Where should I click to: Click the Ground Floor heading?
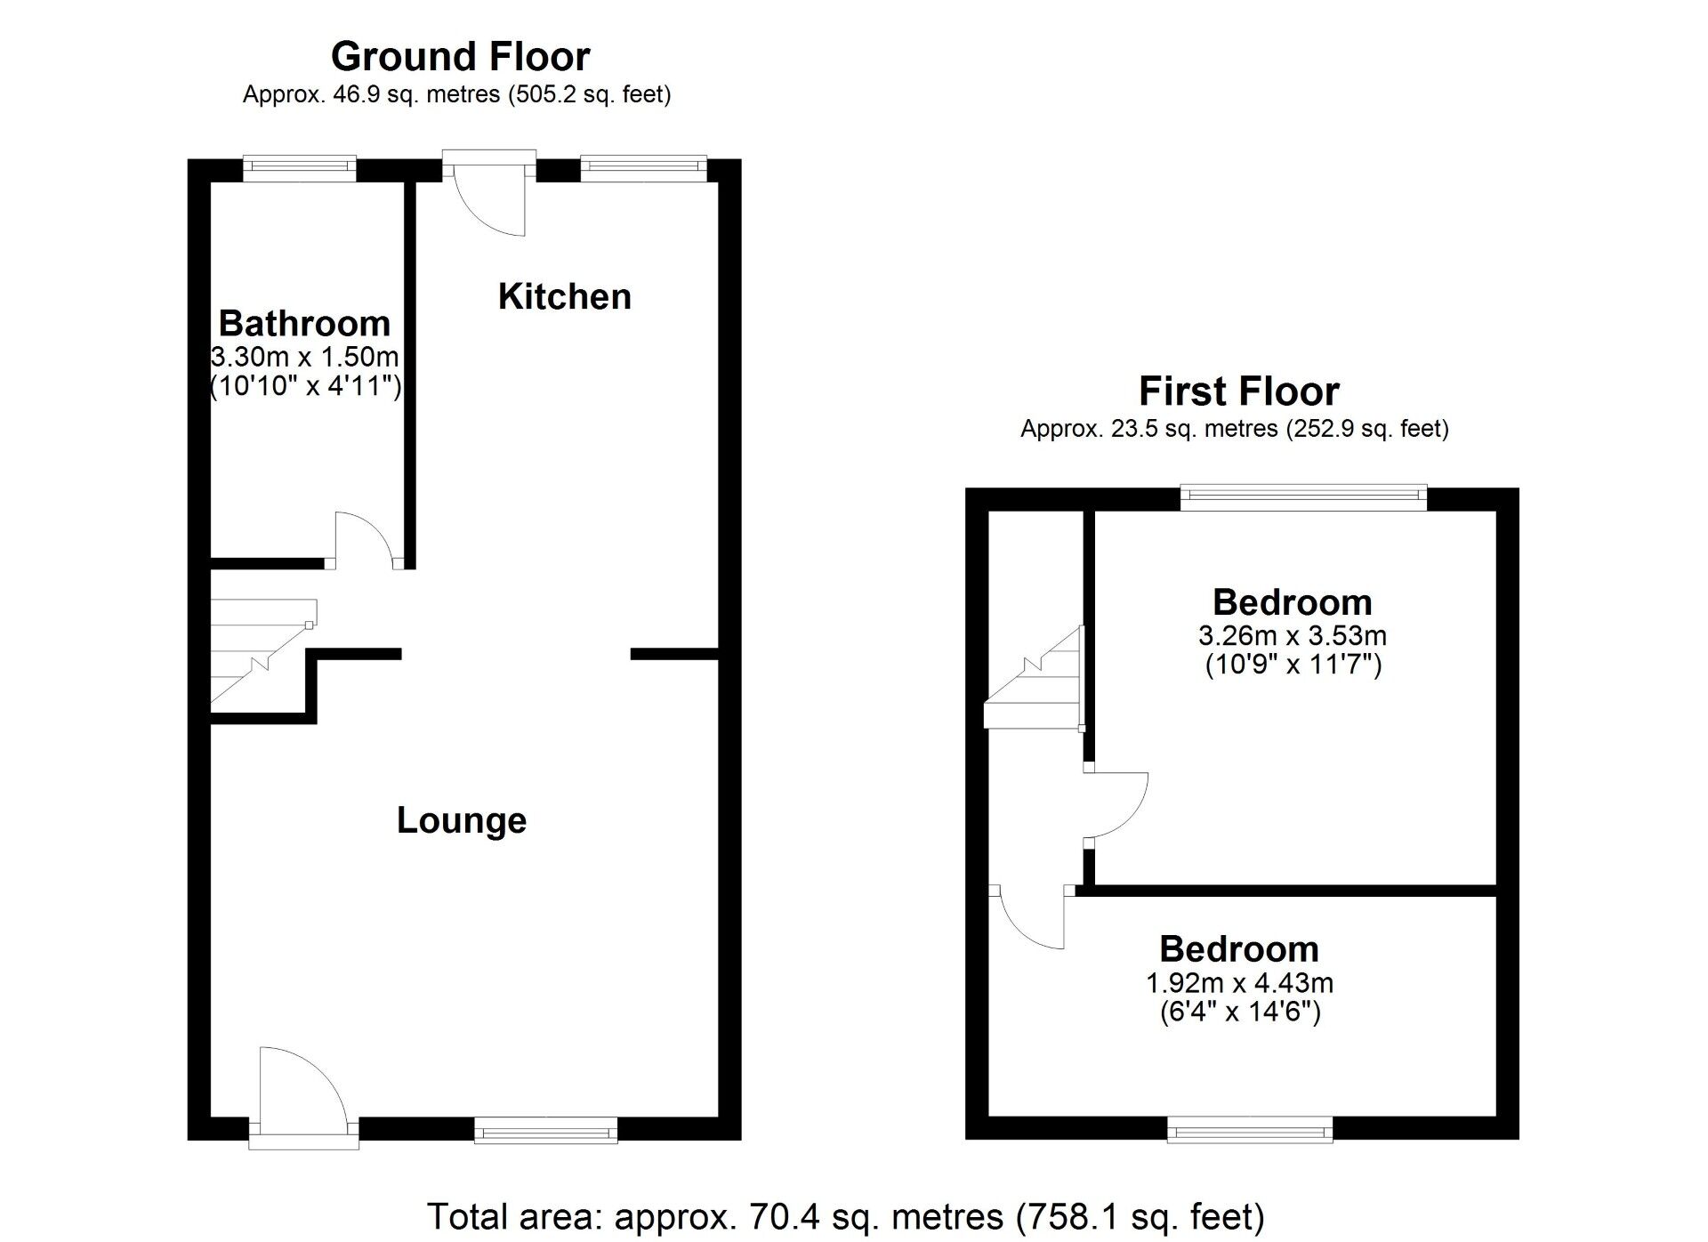[x=460, y=57]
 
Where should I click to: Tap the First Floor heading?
[x=1238, y=391]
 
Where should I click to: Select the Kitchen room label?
[x=565, y=296]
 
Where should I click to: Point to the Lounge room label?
[x=462, y=820]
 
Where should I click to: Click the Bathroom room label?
[x=304, y=323]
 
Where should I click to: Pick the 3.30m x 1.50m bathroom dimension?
[x=304, y=358]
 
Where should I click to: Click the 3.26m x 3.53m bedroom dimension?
[x=1293, y=636]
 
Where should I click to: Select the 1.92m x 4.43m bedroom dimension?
[x=1239, y=983]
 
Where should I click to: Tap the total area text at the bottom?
[x=846, y=1216]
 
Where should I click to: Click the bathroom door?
[x=365, y=540]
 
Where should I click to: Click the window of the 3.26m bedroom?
[x=1304, y=497]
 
